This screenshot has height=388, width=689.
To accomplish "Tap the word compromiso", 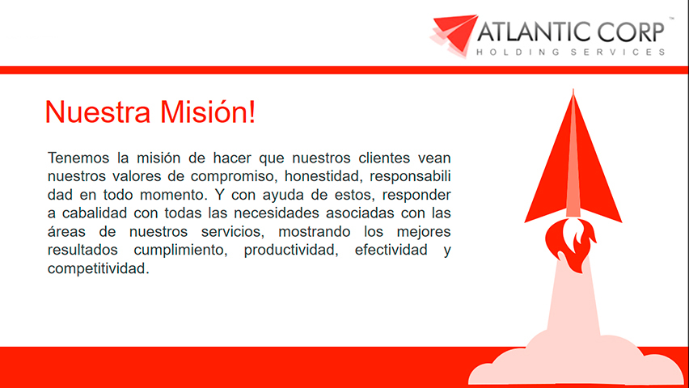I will pos(220,175).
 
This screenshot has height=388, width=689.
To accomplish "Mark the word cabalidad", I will pos(99,213).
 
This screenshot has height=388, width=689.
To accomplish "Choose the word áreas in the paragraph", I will pos(67,232).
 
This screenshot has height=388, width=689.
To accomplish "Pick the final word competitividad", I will pos(99,269).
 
